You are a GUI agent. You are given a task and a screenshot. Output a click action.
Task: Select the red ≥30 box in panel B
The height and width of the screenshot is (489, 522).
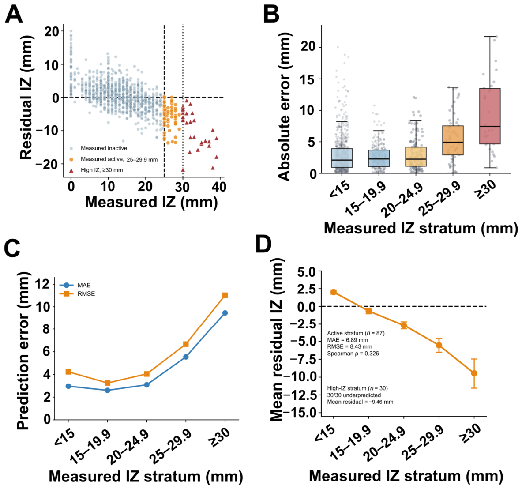point(490,116)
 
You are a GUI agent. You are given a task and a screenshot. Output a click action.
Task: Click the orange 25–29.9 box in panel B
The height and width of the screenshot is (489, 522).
point(453,140)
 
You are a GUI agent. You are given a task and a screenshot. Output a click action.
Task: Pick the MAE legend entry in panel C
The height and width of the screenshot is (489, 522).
point(75,285)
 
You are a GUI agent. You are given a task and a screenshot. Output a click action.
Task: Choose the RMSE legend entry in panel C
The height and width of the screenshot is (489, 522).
point(77,294)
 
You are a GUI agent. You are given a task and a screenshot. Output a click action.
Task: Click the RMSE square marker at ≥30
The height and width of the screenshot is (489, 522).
point(225,295)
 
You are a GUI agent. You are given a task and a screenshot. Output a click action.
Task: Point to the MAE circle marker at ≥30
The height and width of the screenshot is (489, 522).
point(225,313)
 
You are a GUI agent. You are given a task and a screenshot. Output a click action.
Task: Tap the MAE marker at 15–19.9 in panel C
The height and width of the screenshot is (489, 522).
point(108,390)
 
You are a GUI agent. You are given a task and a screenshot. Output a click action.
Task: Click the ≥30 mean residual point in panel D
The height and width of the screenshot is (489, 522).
point(474,373)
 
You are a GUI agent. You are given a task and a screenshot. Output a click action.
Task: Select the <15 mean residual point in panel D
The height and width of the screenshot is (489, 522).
point(333,292)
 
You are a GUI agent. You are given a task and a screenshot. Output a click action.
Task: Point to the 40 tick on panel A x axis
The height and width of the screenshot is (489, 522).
point(219,187)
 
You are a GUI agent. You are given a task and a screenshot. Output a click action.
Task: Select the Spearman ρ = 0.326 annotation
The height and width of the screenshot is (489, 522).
point(353,354)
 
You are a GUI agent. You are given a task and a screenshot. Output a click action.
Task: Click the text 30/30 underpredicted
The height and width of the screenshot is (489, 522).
point(354,395)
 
